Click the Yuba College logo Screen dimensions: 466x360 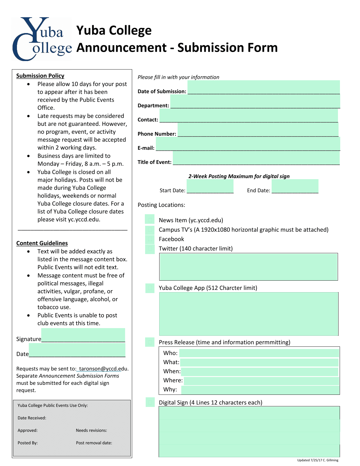click(x=42, y=39)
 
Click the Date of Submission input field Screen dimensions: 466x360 click(x=263, y=87)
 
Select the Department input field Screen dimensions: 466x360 click(x=255, y=101)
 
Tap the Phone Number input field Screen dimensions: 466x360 click(x=258, y=129)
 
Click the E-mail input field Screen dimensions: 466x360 click(x=248, y=144)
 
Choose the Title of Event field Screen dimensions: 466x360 click(x=256, y=158)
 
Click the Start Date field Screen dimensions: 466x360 click(x=210, y=186)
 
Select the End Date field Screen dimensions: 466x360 click(x=295, y=186)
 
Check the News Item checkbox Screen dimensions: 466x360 click(x=150, y=220)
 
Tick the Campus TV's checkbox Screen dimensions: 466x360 click(x=150, y=230)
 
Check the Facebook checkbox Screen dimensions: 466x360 click(x=150, y=239)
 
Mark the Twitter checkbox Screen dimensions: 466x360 click(x=150, y=249)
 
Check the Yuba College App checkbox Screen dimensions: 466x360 click(x=150, y=288)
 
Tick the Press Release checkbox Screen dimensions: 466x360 click(x=150, y=342)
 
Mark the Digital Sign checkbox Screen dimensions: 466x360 click(x=150, y=402)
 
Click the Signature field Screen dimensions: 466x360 click(x=83, y=335)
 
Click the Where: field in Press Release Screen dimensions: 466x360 click(x=261, y=381)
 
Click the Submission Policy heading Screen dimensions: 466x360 click(x=40, y=76)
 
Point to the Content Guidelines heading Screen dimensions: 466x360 click(x=42, y=243)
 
